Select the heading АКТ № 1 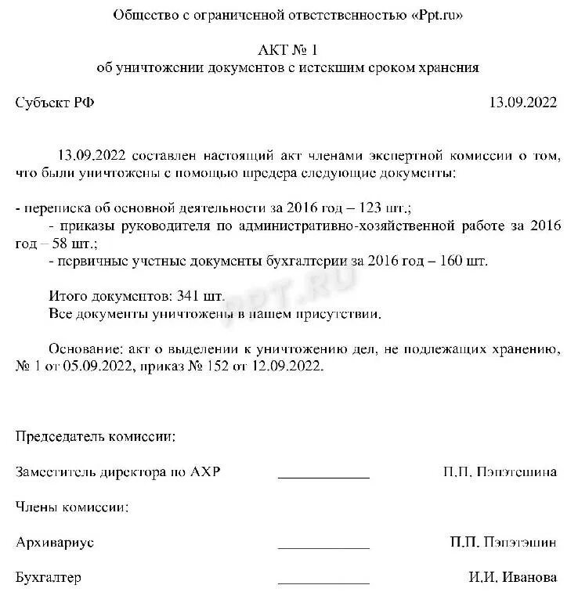click(x=287, y=50)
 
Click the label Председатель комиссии click(x=96, y=436)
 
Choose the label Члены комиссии click(x=73, y=507)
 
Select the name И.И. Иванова click(x=513, y=577)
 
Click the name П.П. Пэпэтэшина click(x=500, y=471)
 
